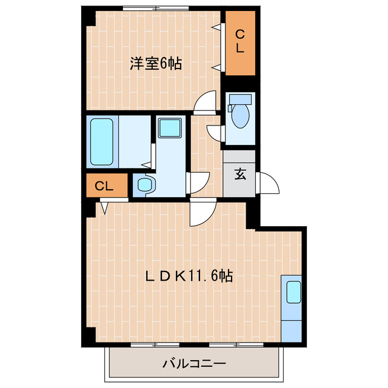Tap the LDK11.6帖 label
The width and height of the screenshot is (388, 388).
coord(187,275)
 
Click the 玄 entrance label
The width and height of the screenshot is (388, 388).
coord(240,175)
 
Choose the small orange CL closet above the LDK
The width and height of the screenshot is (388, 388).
coord(105,187)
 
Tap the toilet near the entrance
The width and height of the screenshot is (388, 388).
coord(241,115)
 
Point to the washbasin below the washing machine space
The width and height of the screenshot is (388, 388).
coord(144,186)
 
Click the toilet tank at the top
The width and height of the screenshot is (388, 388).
coord(241,99)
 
